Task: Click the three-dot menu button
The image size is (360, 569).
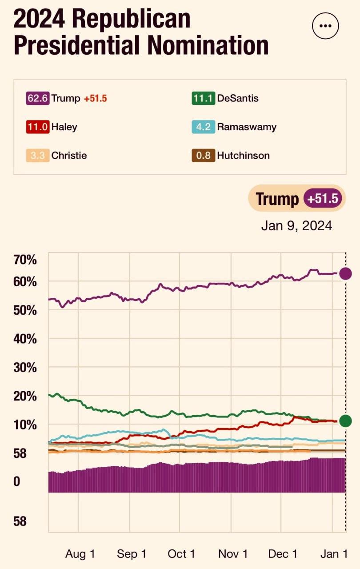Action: click(326, 26)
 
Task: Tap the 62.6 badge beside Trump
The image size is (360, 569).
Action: click(38, 98)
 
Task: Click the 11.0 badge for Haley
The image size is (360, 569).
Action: click(38, 127)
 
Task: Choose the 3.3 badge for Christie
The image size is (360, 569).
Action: click(38, 155)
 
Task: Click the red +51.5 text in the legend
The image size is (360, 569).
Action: click(96, 99)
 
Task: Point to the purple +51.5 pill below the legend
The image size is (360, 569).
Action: click(324, 199)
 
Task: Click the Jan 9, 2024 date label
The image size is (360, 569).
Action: click(296, 226)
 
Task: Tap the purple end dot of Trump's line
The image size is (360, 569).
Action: click(345, 273)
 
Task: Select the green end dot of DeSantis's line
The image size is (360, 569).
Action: click(345, 421)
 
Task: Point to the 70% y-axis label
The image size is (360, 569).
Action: click(25, 259)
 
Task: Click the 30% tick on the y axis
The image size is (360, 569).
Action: click(25, 368)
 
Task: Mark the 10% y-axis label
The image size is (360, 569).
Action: click(25, 425)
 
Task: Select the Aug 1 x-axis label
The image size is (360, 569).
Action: click(80, 554)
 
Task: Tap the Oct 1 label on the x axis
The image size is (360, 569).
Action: click(181, 554)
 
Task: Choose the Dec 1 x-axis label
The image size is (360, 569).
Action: click(283, 554)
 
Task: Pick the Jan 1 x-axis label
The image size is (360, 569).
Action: click(334, 554)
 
